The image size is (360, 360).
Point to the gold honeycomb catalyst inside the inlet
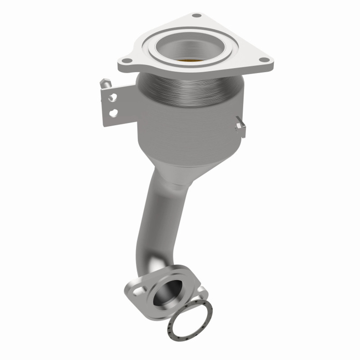tap(191, 60)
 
